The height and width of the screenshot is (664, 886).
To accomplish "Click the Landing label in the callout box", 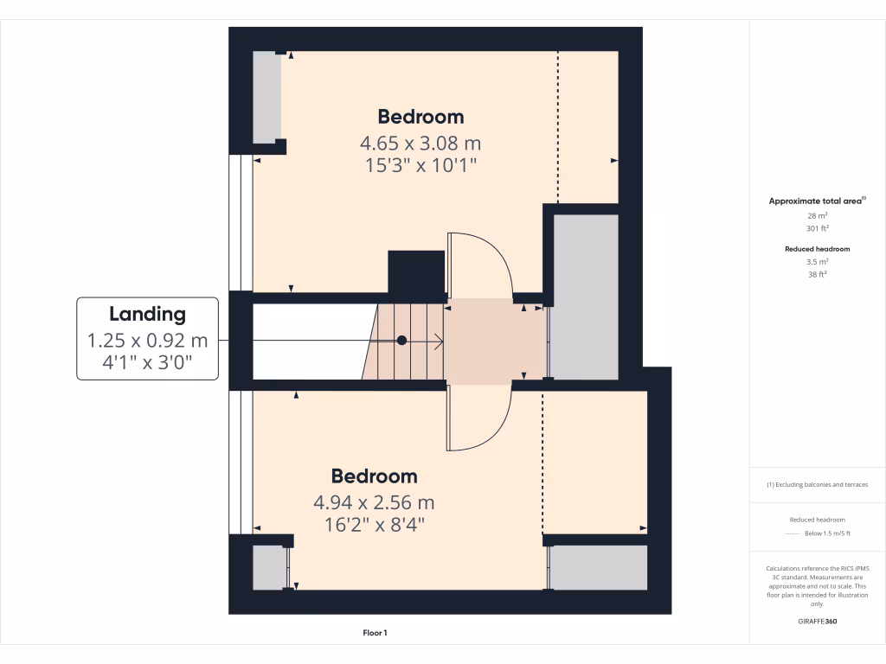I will click(147, 314).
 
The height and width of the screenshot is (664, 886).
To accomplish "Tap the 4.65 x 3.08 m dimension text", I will click(421, 143).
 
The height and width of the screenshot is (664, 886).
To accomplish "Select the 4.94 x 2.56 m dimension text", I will click(374, 502).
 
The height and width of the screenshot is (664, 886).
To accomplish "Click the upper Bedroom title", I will click(421, 117).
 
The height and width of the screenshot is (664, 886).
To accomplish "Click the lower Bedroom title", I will click(374, 476).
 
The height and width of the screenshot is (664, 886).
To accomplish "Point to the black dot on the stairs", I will click(401, 341).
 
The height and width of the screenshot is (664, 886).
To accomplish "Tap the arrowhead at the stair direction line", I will click(440, 341).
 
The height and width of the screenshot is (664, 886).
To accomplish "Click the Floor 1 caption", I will click(375, 633).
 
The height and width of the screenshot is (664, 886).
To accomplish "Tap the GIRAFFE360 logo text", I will click(817, 621).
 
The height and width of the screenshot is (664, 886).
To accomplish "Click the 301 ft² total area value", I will click(817, 229).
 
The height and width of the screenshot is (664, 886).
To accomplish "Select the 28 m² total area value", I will click(817, 215).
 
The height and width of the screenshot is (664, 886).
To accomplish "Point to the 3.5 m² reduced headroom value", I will click(817, 261).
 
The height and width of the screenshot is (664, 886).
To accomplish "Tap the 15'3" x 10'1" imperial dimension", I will click(421, 165).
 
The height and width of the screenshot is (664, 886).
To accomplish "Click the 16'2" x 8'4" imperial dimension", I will click(374, 524).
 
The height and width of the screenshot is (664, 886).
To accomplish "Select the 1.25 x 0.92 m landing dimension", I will click(147, 341).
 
